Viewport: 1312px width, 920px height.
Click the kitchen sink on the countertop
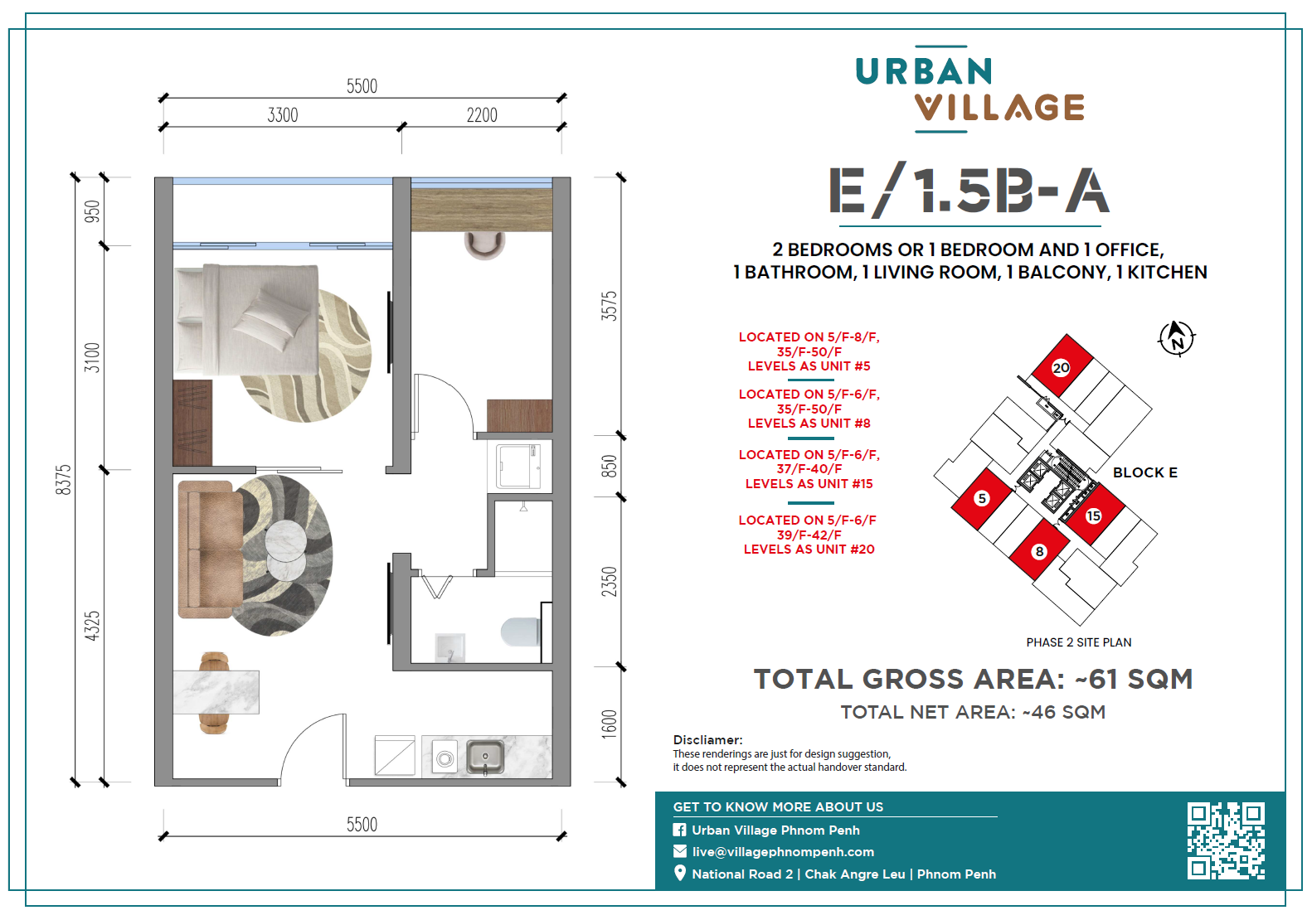[x=485, y=758]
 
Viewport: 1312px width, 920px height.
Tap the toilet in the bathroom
[x=520, y=632]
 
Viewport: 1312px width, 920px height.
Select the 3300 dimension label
[x=283, y=115]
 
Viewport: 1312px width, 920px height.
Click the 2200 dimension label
[x=482, y=115]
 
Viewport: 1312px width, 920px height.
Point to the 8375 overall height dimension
[x=63, y=480]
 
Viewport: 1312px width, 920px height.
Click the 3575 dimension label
[x=609, y=306]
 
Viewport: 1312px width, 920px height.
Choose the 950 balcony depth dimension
[x=92, y=211]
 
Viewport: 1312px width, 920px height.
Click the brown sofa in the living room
[x=211, y=550]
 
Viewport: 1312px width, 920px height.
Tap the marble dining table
[x=216, y=692]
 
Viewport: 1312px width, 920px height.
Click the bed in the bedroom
[x=247, y=320]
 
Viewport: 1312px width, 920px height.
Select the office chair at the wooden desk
[x=484, y=245]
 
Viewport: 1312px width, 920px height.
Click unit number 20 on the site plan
[x=1061, y=367]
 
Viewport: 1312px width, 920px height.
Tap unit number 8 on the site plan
[x=1039, y=551]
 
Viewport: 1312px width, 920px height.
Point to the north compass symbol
[x=1177, y=338]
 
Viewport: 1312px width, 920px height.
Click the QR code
[x=1226, y=841]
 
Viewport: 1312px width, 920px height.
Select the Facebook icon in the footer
[x=679, y=830]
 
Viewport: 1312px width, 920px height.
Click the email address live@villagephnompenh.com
[x=783, y=852]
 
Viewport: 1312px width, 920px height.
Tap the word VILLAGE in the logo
[x=999, y=108]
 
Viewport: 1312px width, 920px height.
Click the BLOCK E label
[x=1145, y=473]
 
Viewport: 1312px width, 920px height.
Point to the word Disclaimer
[x=707, y=740]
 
